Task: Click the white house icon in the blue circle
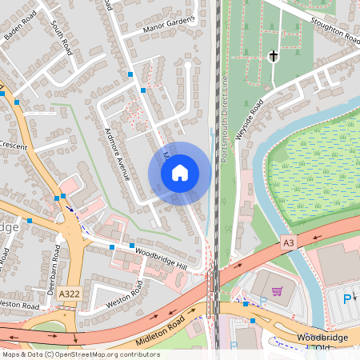[x=180, y=173]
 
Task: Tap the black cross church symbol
[x=273, y=57]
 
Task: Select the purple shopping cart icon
[x=277, y=292]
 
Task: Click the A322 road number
[x=69, y=294]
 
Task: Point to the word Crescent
[x=14, y=147]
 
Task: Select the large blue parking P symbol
[x=346, y=299]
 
